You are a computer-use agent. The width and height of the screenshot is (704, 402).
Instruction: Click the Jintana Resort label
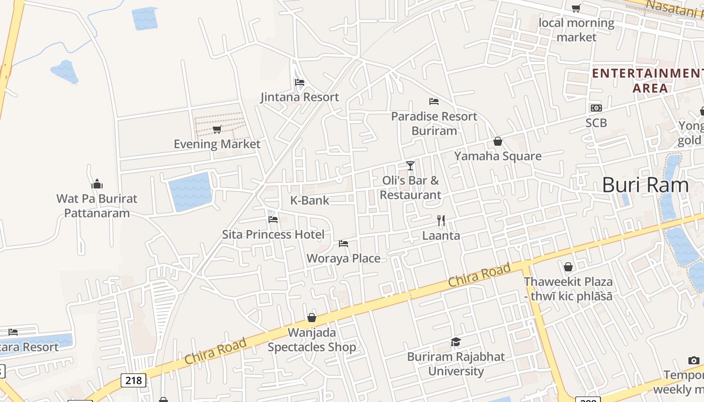[300, 97]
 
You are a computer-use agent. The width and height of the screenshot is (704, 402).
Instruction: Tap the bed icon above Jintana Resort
[300, 82]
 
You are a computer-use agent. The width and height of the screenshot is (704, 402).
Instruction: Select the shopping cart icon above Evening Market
[217, 130]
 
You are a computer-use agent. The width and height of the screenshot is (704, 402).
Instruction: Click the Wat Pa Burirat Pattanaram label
[97, 206]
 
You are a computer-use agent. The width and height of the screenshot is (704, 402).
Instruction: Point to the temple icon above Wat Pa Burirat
[97, 184]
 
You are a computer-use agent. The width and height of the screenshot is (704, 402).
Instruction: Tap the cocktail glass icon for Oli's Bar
[410, 165]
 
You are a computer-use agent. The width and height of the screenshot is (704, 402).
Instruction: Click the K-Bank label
[310, 200]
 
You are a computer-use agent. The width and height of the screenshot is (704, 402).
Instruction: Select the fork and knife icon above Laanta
[441, 221]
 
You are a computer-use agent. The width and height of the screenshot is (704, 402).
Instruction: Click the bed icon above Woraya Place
[343, 244]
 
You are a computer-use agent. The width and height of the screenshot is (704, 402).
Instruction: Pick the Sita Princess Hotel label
[273, 234]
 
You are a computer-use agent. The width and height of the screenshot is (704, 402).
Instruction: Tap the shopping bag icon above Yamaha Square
[498, 142]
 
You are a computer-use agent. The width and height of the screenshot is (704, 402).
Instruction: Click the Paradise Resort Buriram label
[434, 123]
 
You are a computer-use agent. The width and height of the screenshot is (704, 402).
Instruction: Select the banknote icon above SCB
[596, 108]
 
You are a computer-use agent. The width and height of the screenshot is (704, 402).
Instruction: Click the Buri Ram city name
[645, 185]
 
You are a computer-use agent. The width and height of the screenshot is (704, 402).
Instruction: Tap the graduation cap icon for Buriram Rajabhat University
[456, 342]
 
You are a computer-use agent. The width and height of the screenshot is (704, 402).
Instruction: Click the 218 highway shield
[134, 380]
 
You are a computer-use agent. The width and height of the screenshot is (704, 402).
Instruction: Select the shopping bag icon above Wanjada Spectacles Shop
[312, 318]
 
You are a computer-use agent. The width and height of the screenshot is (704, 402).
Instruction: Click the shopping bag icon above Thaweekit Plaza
[568, 267]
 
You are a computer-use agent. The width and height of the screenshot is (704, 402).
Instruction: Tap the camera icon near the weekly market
[694, 360]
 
